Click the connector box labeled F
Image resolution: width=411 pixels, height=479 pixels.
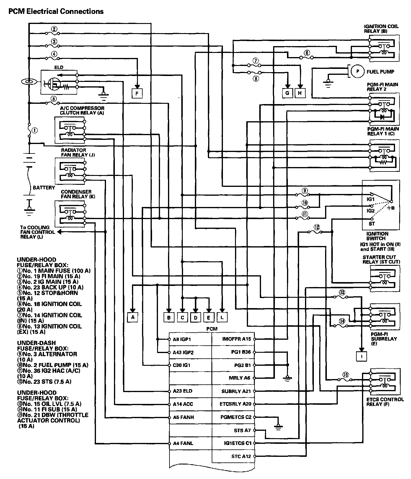tap(137, 94)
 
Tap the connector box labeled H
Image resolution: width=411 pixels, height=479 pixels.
tap(300, 93)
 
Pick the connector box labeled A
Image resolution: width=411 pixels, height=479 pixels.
tap(133, 317)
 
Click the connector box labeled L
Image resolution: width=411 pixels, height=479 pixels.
tap(222, 317)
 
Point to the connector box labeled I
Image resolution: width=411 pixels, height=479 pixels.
tap(361, 356)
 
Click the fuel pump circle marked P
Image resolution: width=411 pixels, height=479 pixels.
tap(358, 71)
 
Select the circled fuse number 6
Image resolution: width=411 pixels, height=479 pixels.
tap(307, 53)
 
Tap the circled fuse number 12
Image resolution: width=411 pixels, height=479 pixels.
tap(317, 227)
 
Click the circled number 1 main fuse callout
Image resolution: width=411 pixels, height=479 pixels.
tap(35, 130)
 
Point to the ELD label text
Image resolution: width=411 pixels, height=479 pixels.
tap(59, 67)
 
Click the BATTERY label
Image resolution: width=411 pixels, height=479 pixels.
tap(44, 187)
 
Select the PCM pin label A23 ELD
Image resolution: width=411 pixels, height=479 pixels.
tap(182, 391)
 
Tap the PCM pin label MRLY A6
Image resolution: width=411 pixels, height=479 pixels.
tap(239, 378)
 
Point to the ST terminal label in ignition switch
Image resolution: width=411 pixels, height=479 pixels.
tap(372, 224)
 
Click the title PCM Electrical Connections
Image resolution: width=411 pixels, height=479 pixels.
tap(56, 11)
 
